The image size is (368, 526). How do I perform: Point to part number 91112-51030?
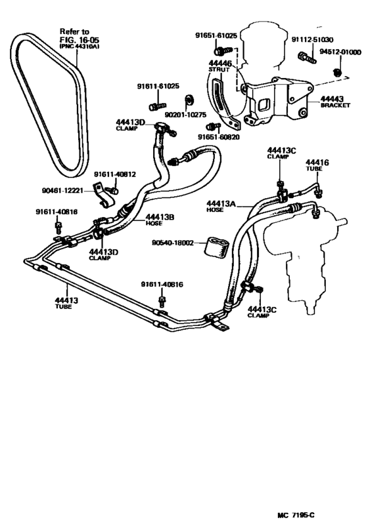tap(312, 40)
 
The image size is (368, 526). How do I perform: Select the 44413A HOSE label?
tap(220, 207)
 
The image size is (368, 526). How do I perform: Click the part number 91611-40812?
tap(114, 174)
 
